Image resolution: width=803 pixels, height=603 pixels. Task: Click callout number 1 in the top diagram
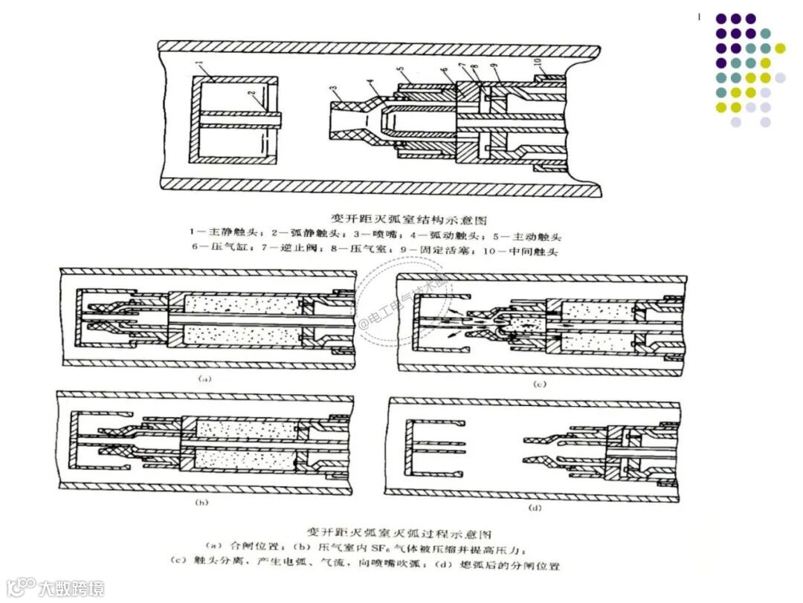pyautogui.click(x=200, y=68)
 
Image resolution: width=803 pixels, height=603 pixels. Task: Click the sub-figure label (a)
pyautogui.click(x=205, y=378)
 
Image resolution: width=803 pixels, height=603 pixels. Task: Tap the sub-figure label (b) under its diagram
pyautogui.click(x=201, y=503)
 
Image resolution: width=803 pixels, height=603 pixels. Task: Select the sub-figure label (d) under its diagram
pyautogui.click(x=533, y=508)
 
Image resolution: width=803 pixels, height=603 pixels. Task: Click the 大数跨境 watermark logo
pyautogui.click(x=56, y=587)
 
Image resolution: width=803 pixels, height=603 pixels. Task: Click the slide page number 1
pyautogui.click(x=700, y=16)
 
